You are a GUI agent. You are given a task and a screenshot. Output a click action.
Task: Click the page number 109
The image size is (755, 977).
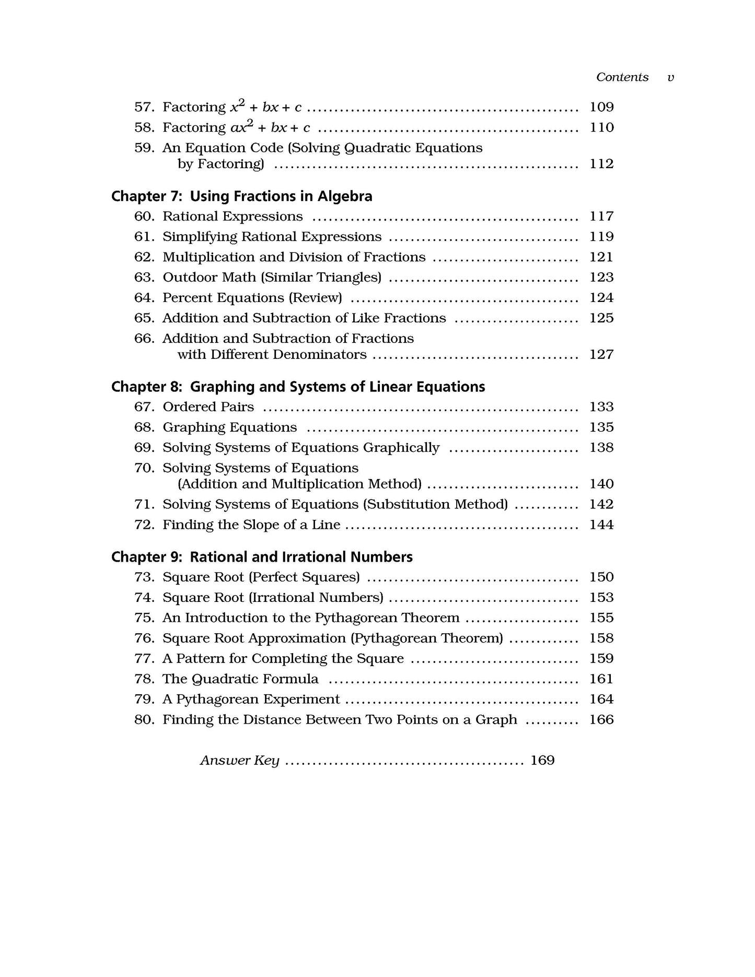pos(601,107)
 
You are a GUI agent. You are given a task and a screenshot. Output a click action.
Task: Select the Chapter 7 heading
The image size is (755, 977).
pos(241,196)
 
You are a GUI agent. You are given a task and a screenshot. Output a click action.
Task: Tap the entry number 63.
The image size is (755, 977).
pos(144,277)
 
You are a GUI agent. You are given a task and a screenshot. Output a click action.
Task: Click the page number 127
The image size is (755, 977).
pos(601,355)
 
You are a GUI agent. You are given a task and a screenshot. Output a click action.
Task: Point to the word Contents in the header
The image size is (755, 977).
pos(622,77)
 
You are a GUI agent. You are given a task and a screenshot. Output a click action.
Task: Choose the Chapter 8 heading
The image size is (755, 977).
pos(298,387)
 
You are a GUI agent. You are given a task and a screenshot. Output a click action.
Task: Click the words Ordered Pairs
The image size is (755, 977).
pos(208,407)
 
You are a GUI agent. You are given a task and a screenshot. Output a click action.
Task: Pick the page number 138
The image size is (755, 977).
pos(601,448)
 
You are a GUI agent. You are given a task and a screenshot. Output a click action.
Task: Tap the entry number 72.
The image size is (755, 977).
pos(144,525)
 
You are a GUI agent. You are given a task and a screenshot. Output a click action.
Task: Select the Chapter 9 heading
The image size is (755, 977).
pos(262,557)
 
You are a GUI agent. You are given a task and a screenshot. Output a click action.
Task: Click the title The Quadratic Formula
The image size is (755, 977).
pos(240,679)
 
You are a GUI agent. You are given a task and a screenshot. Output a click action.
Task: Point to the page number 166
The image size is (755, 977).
pos(601,720)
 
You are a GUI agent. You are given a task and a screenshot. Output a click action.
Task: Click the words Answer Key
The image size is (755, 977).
pos(239,761)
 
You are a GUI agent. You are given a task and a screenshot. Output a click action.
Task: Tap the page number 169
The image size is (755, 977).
pos(542,761)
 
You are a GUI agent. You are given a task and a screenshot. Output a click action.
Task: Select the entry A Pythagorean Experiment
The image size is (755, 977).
pos(251,700)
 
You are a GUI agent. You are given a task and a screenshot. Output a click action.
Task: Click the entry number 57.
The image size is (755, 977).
pos(144,107)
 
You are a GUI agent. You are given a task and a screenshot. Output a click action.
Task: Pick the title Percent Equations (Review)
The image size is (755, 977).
pos(252,298)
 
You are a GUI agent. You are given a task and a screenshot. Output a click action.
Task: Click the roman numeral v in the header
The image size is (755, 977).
pos(671,78)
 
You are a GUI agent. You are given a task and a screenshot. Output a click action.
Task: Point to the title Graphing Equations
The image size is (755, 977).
pos(230,427)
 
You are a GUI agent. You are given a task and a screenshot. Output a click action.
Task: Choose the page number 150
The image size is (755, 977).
pos(601,577)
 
